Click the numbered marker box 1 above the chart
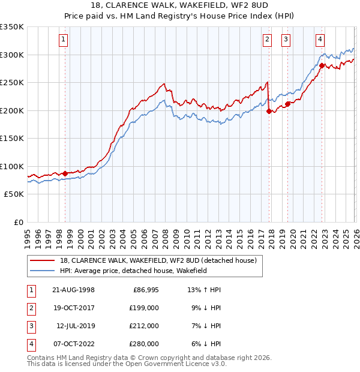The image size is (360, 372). point(64,40)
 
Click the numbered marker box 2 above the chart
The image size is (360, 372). point(267,40)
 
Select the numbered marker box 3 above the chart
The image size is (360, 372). point(286,40)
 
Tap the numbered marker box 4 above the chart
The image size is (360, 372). point(320,40)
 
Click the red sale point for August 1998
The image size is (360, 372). point(65,173)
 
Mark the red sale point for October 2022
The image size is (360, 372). point(322,65)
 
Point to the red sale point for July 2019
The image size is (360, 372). point(288,104)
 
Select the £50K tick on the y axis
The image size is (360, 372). point(14,194)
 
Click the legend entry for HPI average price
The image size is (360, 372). point(133,271)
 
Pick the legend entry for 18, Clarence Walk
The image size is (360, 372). point(158,260)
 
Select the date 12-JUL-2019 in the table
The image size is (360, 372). point(76,326)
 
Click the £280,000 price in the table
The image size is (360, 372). point(144,344)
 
